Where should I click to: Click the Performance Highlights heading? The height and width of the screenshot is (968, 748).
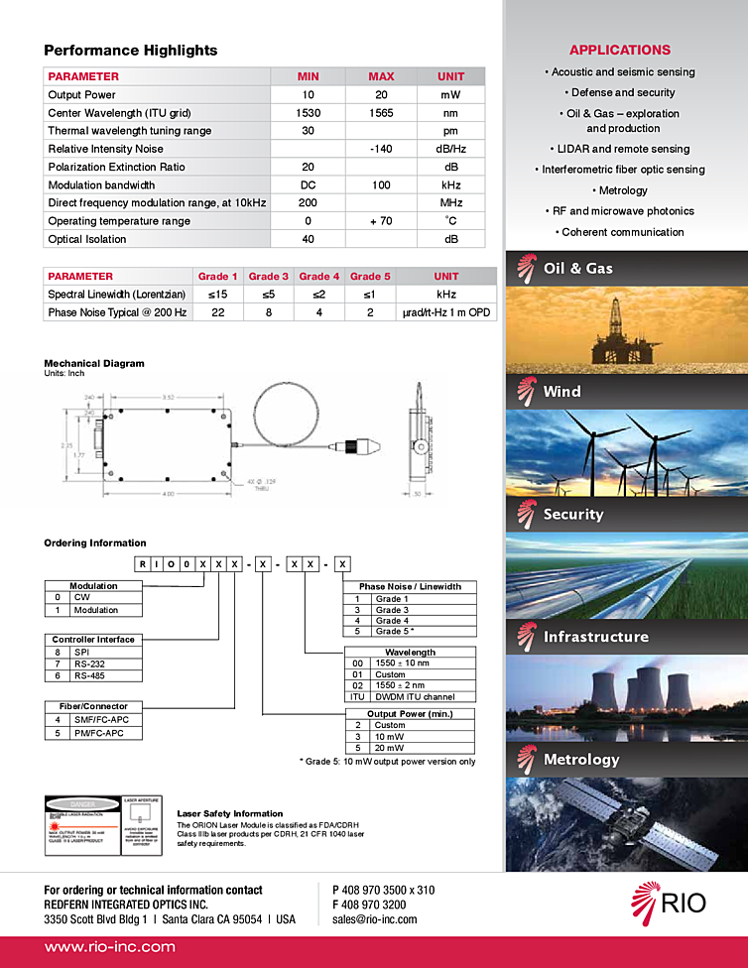pos(130,51)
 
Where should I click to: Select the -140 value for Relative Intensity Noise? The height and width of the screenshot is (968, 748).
pos(381,149)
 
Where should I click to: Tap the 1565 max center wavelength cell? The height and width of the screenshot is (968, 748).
pos(381,113)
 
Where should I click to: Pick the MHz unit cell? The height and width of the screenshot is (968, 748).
pos(450,202)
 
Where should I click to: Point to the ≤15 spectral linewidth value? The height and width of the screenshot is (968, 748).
pos(218,295)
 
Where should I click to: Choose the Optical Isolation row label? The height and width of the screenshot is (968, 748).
pos(87,239)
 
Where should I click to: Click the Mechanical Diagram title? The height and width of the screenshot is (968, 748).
pos(94,364)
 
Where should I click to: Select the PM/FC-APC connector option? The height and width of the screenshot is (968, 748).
pos(96,733)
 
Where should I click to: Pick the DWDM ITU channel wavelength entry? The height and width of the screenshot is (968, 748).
pos(415,696)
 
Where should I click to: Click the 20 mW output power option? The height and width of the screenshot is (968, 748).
pos(390,748)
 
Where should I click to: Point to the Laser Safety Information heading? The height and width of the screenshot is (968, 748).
pos(229,814)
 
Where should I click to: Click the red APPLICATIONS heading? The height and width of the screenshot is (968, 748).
pos(620,50)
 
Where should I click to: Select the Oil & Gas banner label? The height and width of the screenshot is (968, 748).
pos(578,269)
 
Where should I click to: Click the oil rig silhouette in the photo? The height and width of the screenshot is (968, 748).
pos(614,332)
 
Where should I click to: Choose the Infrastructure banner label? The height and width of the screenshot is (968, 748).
pos(595,637)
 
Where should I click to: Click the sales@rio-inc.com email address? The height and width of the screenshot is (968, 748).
pos(375,919)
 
